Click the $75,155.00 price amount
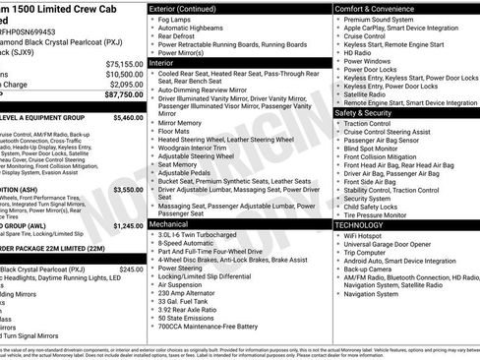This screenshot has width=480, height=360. pyautogui.click(x=124, y=62)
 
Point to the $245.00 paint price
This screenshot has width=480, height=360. pyautogui.click(x=131, y=269)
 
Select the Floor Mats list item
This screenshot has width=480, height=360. pyautogui.click(x=176, y=131)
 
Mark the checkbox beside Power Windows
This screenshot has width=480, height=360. pyautogui.click(x=339, y=61)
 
